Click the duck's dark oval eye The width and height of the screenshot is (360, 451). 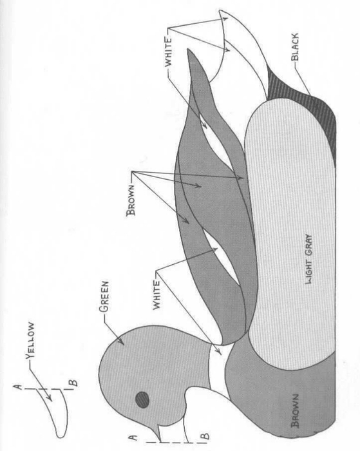point(142,399)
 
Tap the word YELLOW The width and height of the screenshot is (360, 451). point(30,341)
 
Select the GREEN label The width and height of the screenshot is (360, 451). point(104,296)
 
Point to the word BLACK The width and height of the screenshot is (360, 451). point(295,48)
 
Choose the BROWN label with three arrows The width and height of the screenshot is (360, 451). point(131,200)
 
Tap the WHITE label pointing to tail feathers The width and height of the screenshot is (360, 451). point(168,52)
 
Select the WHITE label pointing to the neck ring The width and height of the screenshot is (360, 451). point(156,295)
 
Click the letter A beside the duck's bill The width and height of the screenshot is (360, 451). point(133,437)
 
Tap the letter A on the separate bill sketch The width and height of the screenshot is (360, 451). point(18,387)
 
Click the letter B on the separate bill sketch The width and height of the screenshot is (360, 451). point(73,383)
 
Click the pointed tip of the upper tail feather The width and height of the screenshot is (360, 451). point(220,12)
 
